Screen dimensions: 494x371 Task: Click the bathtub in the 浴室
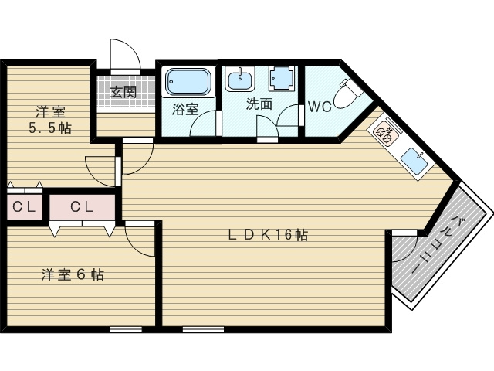click(188, 81)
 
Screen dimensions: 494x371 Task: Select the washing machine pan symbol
click(282, 78)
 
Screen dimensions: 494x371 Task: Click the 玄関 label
click(123, 92)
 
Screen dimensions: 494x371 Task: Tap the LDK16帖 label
click(268, 235)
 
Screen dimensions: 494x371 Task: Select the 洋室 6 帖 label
click(73, 275)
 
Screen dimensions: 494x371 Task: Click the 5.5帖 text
click(50, 128)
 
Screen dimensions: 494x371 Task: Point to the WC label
click(320, 107)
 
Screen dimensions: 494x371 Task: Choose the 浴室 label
click(185, 110)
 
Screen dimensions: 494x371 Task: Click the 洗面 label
click(259, 104)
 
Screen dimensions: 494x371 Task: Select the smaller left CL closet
click(25, 207)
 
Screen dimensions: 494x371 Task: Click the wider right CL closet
click(83, 207)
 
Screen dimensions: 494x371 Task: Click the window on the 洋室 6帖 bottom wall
click(126, 329)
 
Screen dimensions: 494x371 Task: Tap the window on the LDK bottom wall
click(203, 329)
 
